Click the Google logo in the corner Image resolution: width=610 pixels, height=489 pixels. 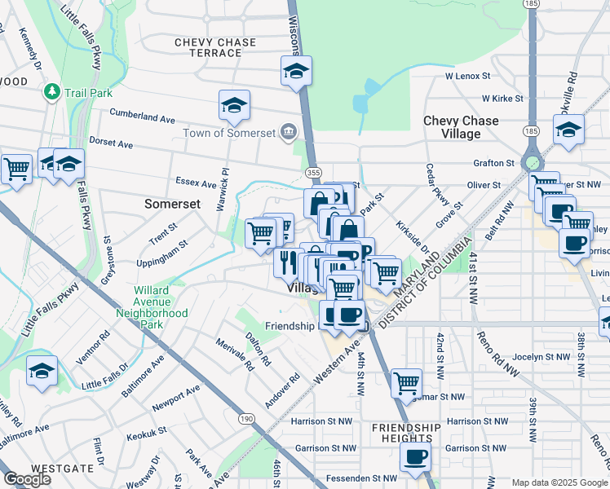tap(28, 479)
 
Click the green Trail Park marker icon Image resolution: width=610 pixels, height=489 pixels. tap(53, 92)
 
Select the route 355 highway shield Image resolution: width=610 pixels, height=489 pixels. tap(313, 173)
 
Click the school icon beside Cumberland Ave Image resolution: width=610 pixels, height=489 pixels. tap(234, 105)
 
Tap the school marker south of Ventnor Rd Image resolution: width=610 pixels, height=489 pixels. tap(42, 371)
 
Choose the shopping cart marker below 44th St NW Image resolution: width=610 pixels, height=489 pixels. tap(406, 382)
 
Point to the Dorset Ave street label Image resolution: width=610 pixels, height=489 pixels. tap(111, 143)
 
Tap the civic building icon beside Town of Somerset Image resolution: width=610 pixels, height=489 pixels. tap(289, 132)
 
